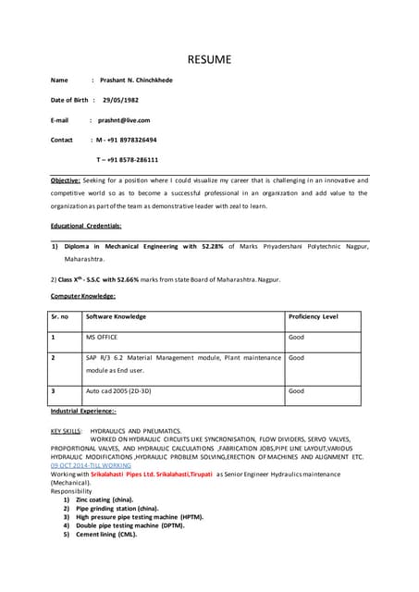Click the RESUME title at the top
pos(209,61)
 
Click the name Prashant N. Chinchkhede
pos(136,80)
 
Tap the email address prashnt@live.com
pos(124,119)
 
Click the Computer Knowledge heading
pos(83,296)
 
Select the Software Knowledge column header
pos(116,316)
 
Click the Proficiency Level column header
pos(314,316)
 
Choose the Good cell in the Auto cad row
pos(296,390)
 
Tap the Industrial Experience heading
pos(84,410)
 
